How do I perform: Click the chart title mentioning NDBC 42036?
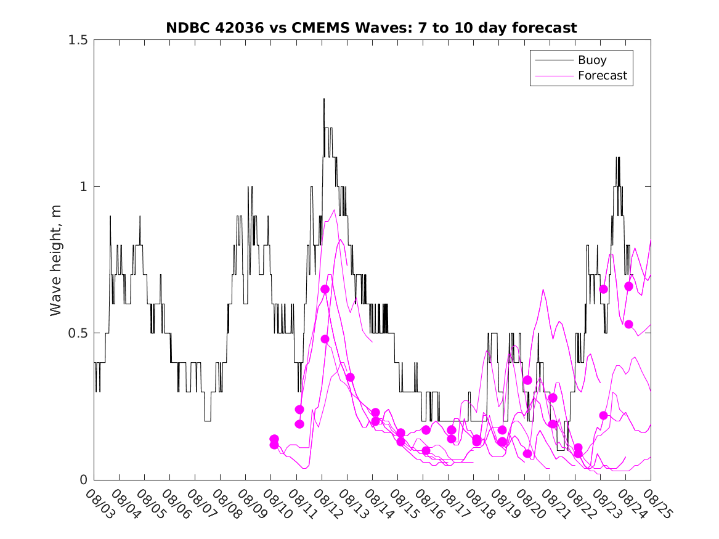(x=372, y=28)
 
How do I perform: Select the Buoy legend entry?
(x=591, y=60)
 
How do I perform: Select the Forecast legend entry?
(x=602, y=76)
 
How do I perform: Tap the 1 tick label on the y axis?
(x=84, y=187)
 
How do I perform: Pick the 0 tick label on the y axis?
(x=84, y=480)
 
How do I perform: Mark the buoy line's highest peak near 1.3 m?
(x=324, y=99)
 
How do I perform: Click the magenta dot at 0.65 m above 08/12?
(x=325, y=289)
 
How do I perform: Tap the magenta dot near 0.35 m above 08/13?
(x=350, y=377)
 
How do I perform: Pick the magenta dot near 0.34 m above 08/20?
(x=527, y=380)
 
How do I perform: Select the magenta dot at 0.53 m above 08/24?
(x=628, y=324)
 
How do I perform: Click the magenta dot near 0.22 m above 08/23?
(x=603, y=415)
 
